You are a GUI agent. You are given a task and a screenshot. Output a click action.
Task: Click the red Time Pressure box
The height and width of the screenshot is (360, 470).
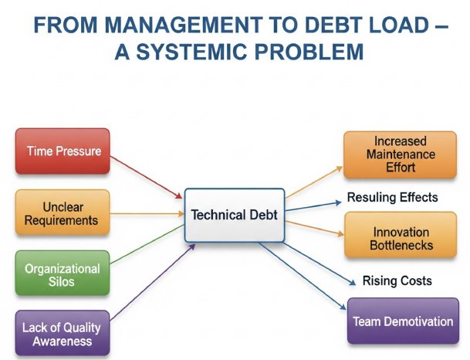tap(63, 151)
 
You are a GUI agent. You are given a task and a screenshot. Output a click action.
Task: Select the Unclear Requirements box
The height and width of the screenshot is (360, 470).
tap(61, 214)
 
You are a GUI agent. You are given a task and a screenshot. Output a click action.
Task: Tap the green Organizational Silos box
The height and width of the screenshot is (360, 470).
tap(62, 276)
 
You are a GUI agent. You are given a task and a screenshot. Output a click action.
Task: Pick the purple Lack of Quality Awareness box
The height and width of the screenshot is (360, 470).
tap(62, 334)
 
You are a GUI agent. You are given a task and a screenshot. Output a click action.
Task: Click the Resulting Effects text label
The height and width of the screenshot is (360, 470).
tap(392, 198)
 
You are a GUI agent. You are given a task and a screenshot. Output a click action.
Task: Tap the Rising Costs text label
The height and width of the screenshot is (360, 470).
tap(397, 280)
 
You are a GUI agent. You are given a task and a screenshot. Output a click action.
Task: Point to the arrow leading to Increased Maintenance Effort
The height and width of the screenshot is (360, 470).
tap(313, 179)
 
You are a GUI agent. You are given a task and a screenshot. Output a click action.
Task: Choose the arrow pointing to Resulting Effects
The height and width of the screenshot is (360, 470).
tap(313, 205)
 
